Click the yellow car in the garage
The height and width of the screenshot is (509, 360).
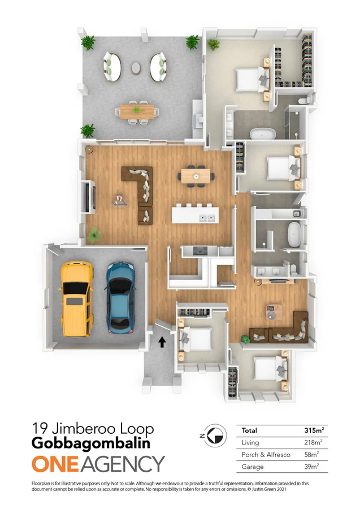tap(77, 298)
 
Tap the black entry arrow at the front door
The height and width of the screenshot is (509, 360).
tap(163, 342)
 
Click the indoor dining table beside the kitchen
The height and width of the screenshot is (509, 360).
tap(196, 175)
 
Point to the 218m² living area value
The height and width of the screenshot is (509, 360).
tap(314, 442)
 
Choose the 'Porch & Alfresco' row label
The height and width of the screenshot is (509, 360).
tap(261, 454)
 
